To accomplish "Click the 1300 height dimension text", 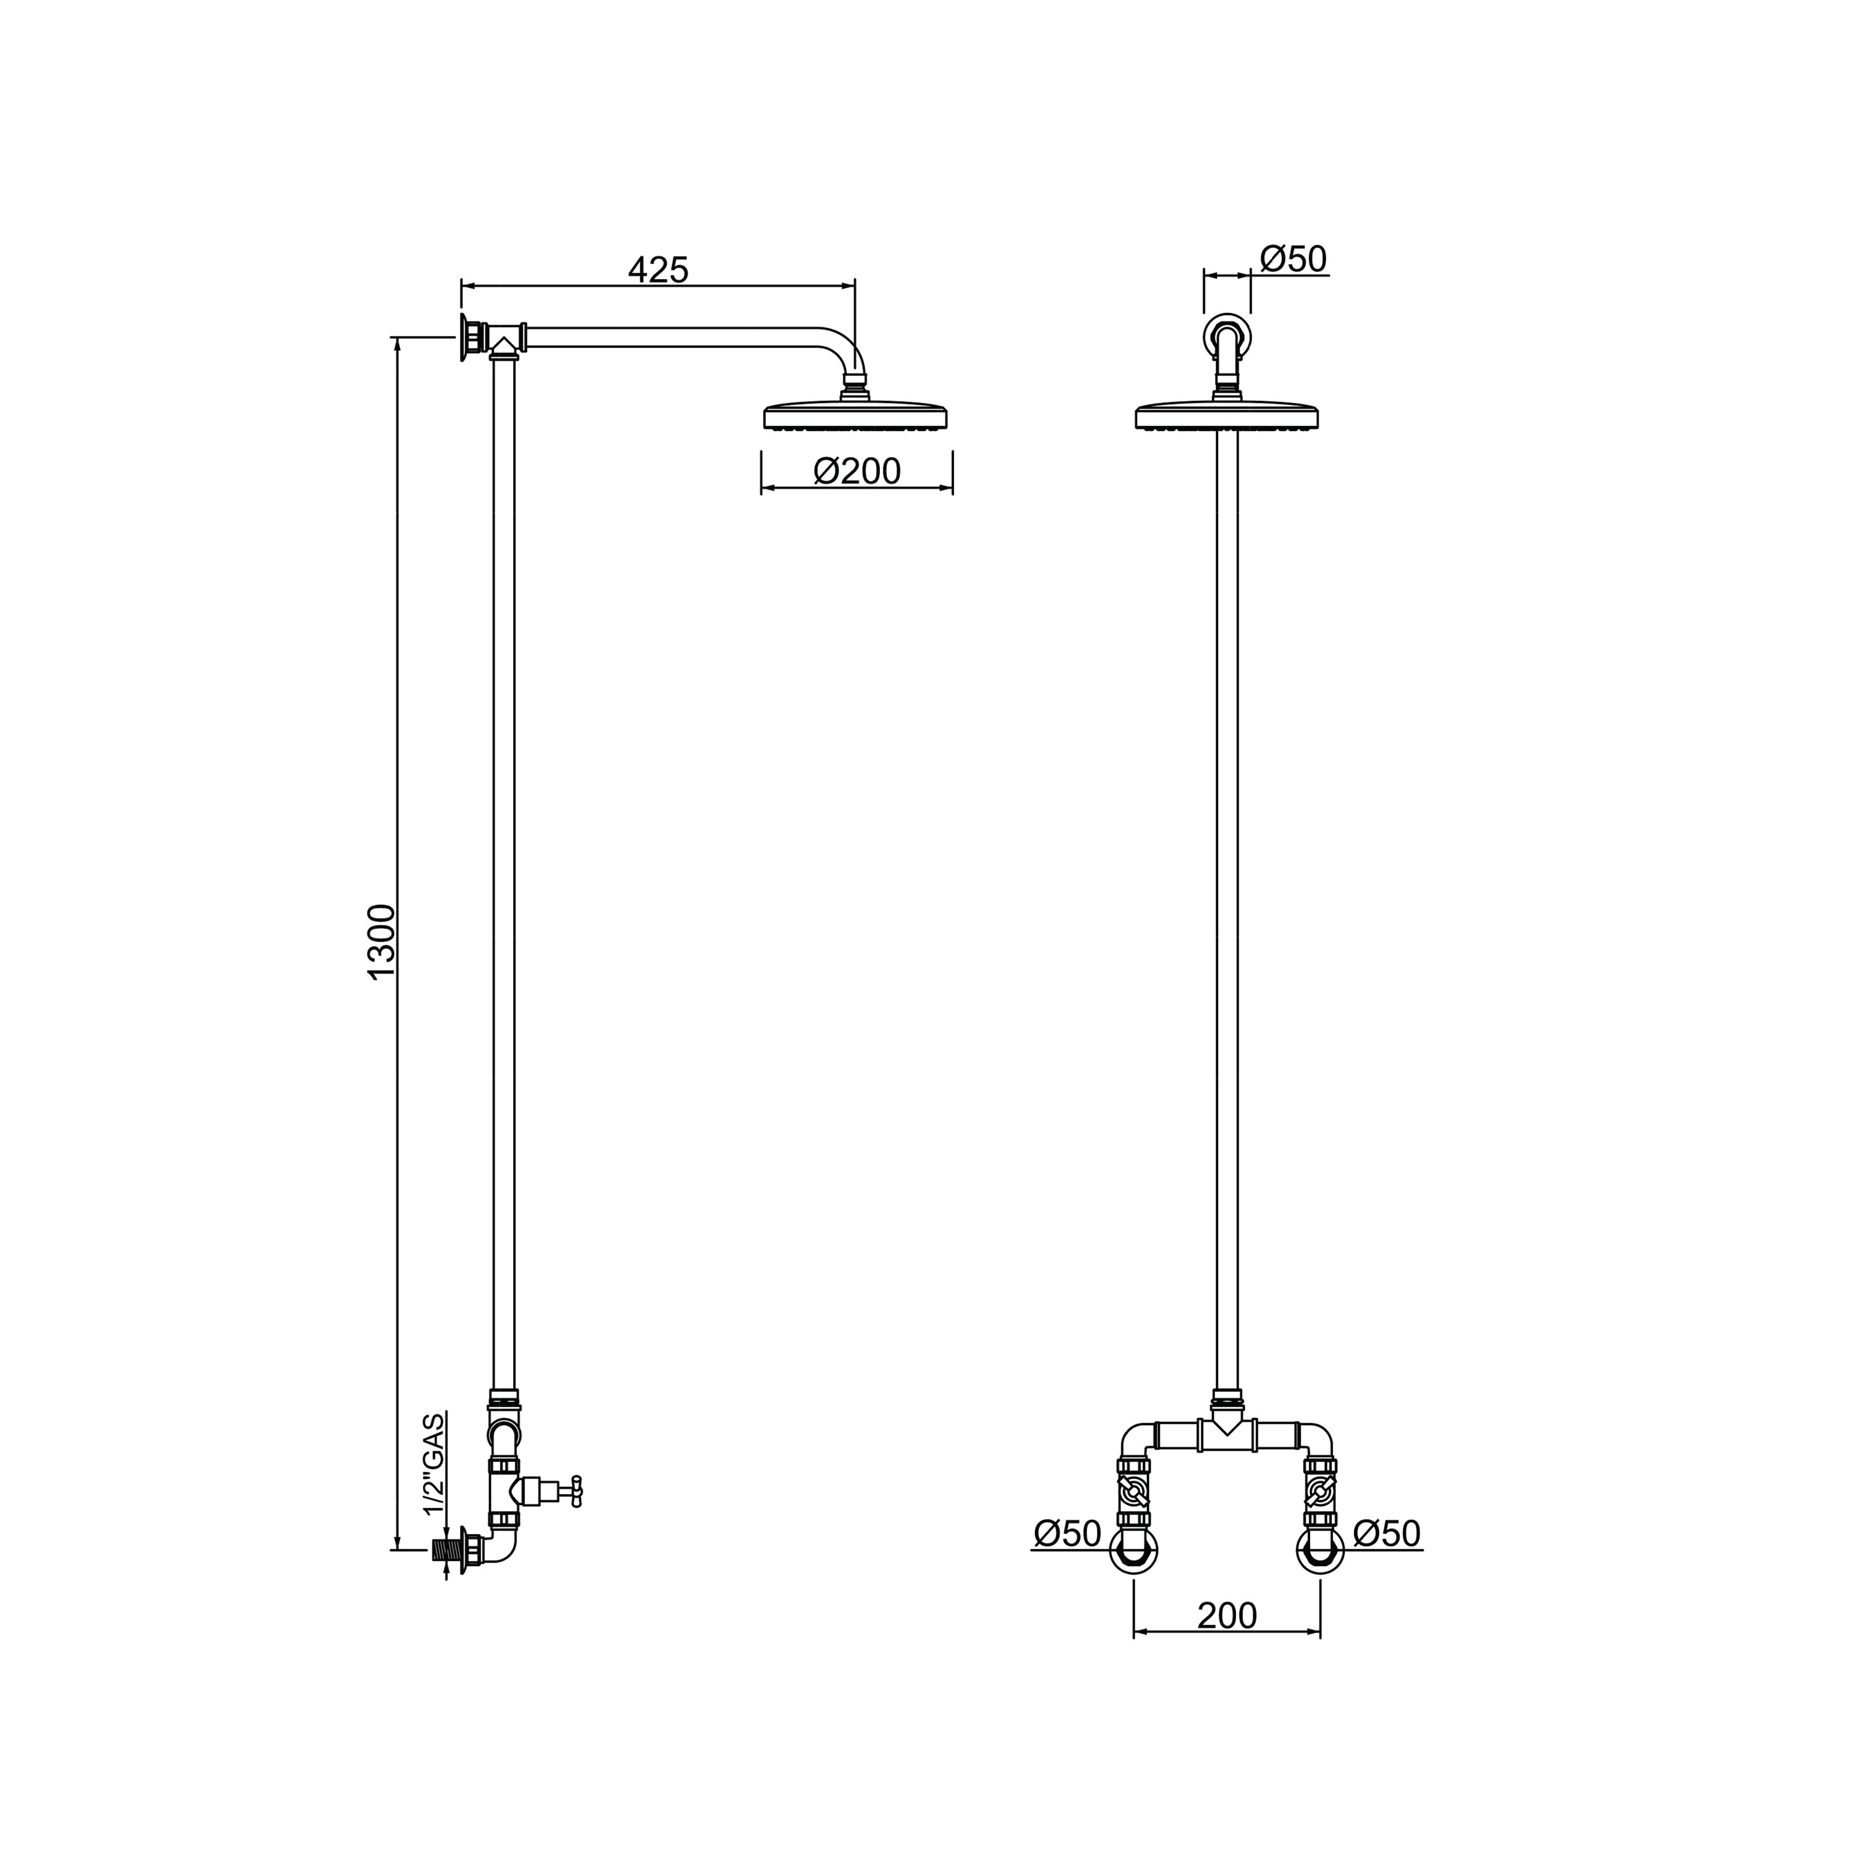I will [x=382, y=942].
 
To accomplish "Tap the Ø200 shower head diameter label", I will [x=858, y=471].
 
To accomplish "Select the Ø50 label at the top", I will [x=1293, y=259].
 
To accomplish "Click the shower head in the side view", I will [x=855, y=415].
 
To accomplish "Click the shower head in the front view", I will [x=1227, y=415].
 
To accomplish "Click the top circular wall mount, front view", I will [x=1227, y=337].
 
